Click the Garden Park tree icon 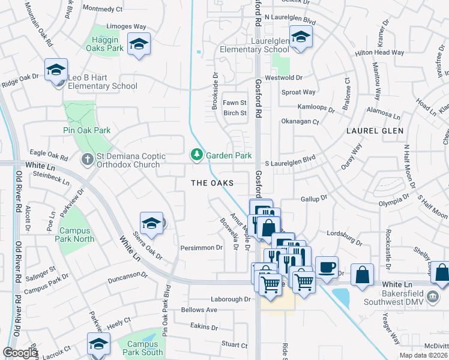[x=196, y=155]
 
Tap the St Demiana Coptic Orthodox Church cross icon [x=87, y=160]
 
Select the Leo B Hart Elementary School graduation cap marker [x=56, y=70]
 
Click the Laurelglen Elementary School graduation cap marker [x=300, y=37]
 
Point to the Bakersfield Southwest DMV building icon [x=432, y=295]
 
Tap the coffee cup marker [x=327, y=267]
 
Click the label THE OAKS [x=211, y=182]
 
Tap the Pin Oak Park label [x=87, y=130]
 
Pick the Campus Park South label [x=140, y=349]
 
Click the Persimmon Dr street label [x=202, y=247]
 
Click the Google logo [x=20, y=353]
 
